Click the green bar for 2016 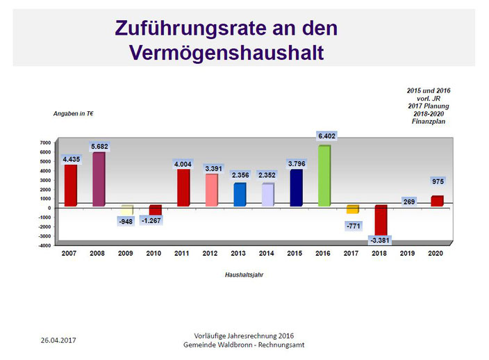click(x=324, y=176)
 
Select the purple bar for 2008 click(x=99, y=179)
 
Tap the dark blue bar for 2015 click(x=297, y=188)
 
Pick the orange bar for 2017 click(x=352, y=209)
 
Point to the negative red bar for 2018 click(x=381, y=220)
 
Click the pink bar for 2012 click(x=212, y=190)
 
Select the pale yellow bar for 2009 click(x=127, y=210)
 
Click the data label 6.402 click(x=326, y=136)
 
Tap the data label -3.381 click(x=380, y=240)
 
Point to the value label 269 click(x=409, y=202)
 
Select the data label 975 click(x=438, y=181)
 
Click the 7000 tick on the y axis click(x=45, y=142)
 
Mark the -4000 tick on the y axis click(x=44, y=245)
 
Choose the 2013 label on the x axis click(x=238, y=253)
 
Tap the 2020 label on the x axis click(x=436, y=253)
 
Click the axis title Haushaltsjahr click(x=244, y=275)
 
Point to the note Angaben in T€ click(x=74, y=113)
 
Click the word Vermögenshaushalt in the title click(x=226, y=53)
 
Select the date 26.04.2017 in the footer click(x=58, y=340)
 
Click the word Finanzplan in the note click(x=429, y=122)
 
